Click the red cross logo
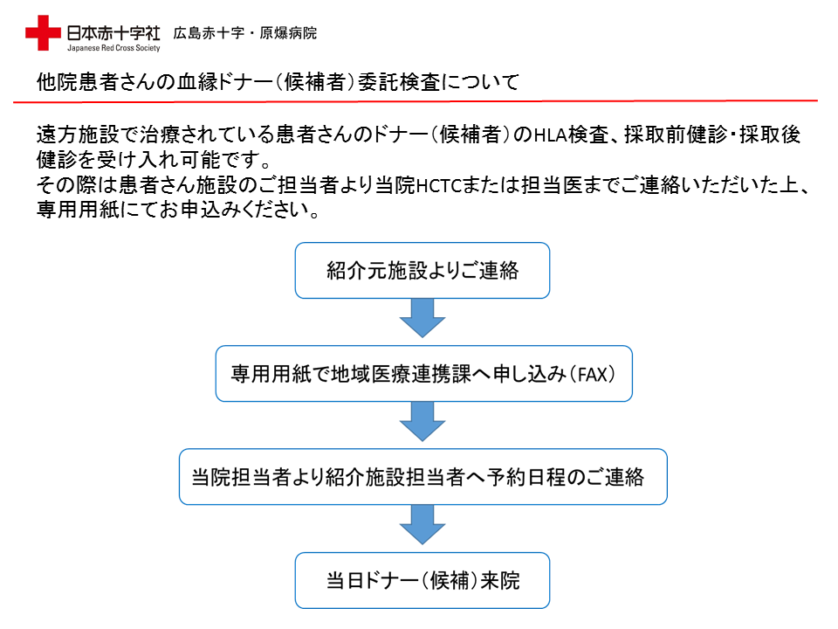pyautogui.click(x=43, y=32)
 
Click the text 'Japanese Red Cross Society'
pyautogui.click(x=113, y=48)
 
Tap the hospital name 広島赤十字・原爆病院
pyautogui.click(x=244, y=33)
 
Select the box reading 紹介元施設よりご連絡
pyautogui.click(x=422, y=271)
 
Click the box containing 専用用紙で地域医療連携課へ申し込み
pyautogui.click(x=424, y=374)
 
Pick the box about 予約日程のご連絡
pyautogui.click(x=422, y=477)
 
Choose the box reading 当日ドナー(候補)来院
pyautogui.click(x=422, y=580)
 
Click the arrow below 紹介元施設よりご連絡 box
pyautogui.click(x=422, y=318)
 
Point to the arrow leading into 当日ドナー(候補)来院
pyautogui.click(x=422, y=525)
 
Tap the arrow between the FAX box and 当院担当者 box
pyautogui.click(x=422, y=421)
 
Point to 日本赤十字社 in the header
pyautogui.click(x=113, y=33)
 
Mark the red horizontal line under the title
pyautogui.click(x=416, y=101)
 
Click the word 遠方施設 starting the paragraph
pyautogui.click(x=78, y=135)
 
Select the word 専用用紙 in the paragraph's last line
pyautogui.click(x=78, y=209)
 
